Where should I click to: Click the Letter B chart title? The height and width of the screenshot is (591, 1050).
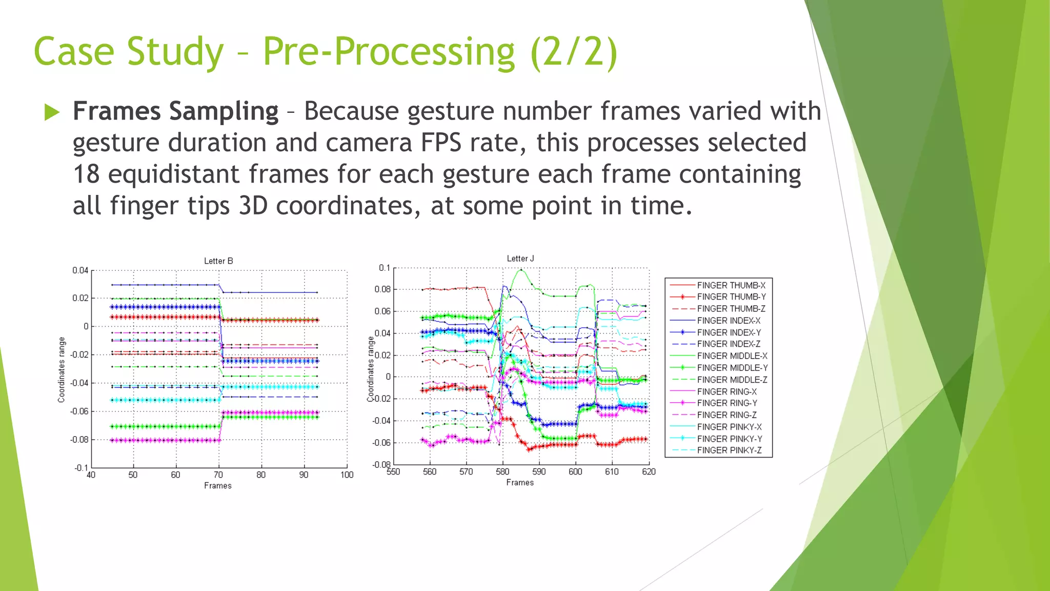(x=218, y=261)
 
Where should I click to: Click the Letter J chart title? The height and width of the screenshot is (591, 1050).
(x=520, y=259)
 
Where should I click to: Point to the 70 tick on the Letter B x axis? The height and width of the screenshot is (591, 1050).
(x=218, y=475)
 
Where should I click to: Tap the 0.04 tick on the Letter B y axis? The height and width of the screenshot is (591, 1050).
(x=80, y=270)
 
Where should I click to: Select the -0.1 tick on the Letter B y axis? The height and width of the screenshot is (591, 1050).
(x=81, y=468)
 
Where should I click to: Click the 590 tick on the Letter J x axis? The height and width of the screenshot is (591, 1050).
(x=539, y=472)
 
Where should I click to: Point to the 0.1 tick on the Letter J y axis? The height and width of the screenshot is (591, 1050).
(x=385, y=268)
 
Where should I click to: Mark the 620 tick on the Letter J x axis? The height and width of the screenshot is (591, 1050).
(x=649, y=472)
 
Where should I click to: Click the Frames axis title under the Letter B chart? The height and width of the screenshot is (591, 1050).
(x=218, y=486)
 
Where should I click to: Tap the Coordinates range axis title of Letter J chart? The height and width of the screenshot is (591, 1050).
(x=370, y=369)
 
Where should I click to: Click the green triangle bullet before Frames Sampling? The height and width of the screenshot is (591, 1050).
(x=52, y=112)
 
